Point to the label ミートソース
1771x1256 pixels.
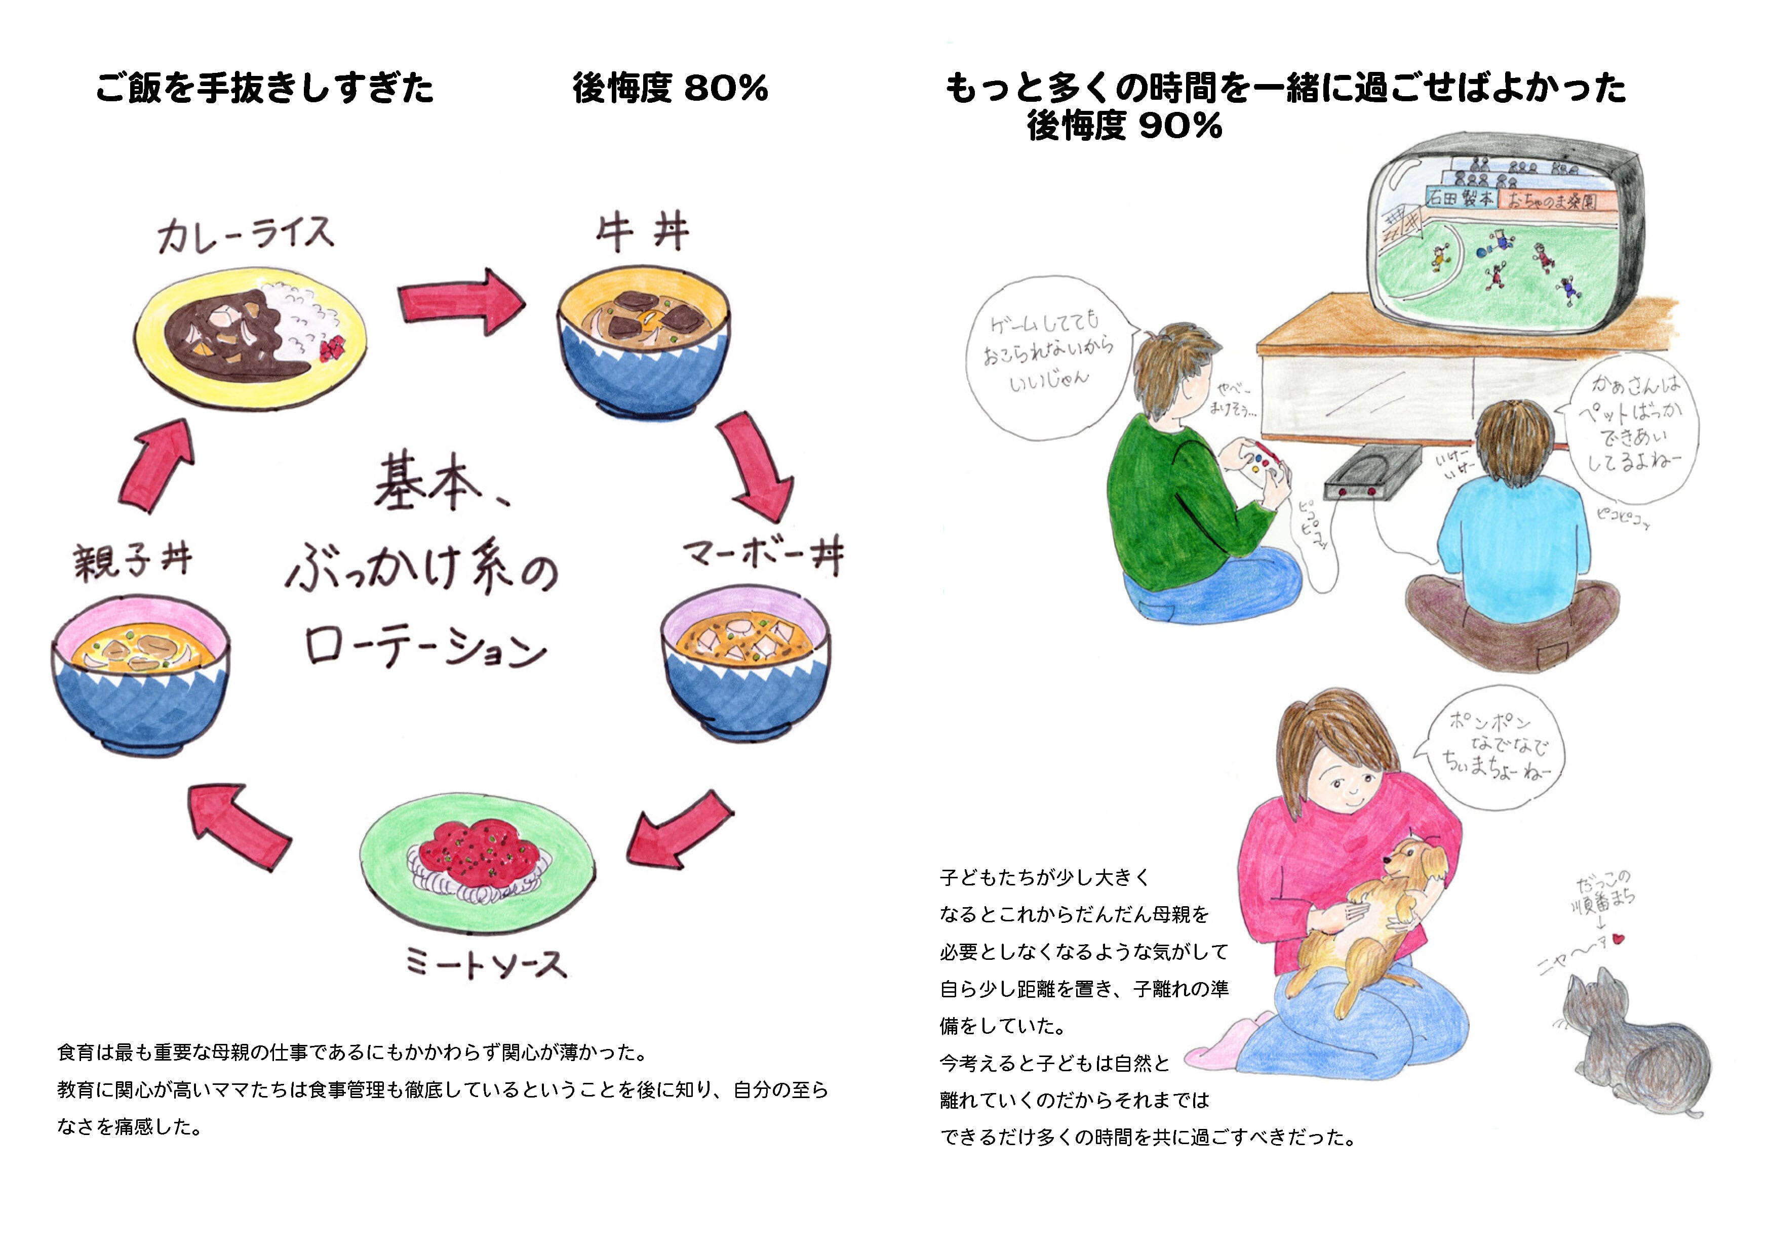coord(486,964)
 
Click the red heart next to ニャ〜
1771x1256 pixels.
coord(1618,939)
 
